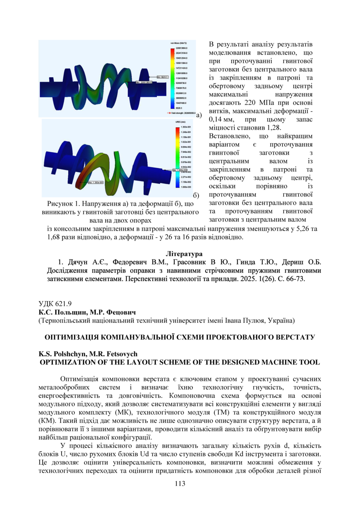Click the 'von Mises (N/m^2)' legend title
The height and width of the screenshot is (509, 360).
[179, 43]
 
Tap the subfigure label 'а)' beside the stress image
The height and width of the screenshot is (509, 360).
[199, 115]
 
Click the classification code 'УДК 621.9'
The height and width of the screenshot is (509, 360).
[55, 304]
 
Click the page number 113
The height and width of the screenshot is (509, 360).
[180, 484]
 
